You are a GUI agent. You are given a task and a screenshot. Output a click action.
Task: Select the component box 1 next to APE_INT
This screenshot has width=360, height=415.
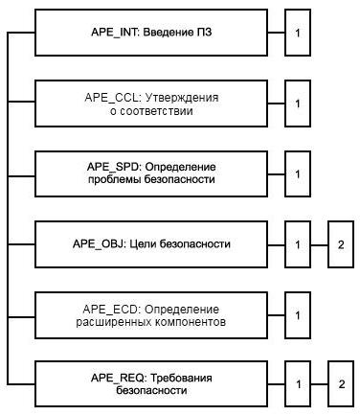298,33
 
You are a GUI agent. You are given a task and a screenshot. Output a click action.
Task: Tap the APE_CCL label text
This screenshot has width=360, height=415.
112,98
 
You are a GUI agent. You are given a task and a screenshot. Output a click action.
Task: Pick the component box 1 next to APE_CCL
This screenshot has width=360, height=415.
298,104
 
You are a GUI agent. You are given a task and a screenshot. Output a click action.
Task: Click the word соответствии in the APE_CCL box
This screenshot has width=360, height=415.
155,111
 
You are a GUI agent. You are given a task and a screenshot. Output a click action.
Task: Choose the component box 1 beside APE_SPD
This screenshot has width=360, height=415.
298,174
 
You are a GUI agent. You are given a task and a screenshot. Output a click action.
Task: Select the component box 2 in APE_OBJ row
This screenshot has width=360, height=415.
341,244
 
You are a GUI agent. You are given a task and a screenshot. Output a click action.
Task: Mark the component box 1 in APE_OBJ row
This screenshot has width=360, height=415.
298,244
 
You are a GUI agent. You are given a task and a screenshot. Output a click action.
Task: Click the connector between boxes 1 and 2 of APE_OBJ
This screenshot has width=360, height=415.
320,245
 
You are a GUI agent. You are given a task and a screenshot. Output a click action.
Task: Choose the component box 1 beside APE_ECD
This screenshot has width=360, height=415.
298,315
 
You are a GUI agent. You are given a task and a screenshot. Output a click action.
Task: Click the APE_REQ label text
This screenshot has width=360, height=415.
118,378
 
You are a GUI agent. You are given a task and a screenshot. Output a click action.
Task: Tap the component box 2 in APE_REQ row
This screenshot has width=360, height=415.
341,384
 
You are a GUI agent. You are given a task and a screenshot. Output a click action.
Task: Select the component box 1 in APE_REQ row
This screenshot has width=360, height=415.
298,384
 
